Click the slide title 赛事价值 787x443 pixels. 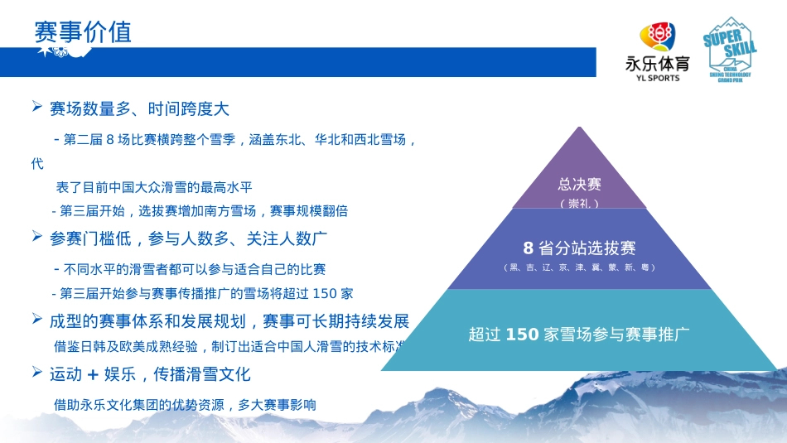pyautogui.click(x=83, y=31)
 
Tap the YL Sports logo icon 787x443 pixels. pyautogui.click(x=657, y=38)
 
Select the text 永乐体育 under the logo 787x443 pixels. pyautogui.click(x=657, y=64)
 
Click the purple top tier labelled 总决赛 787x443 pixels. pyautogui.click(x=579, y=184)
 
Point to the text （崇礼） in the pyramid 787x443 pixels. pyautogui.click(x=579, y=203)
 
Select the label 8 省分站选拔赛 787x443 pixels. pyautogui.click(x=579, y=248)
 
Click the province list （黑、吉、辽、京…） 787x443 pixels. pyautogui.click(x=579, y=267)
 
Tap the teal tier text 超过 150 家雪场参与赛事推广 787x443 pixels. pyautogui.click(x=579, y=335)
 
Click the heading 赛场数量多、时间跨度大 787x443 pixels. pyautogui.click(x=139, y=108)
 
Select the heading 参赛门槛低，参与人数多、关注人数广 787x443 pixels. pyautogui.click(x=189, y=238)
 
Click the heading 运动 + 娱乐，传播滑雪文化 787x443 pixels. pyautogui.click(x=150, y=373)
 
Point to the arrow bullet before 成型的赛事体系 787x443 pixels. pyautogui.click(x=37, y=319)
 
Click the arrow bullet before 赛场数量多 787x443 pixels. pyautogui.click(x=37, y=107)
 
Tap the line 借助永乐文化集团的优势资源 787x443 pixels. pyautogui.click(x=185, y=405)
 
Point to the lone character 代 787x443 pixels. pyautogui.click(x=37, y=164)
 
